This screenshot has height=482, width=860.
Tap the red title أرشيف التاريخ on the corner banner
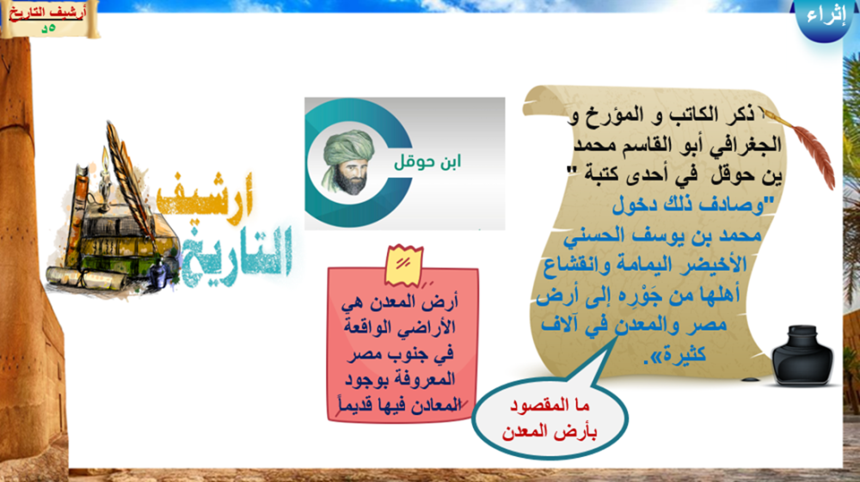click(x=47, y=13)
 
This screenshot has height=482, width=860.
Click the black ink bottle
click(x=802, y=356)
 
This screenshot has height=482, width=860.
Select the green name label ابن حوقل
click(x=427, y=161)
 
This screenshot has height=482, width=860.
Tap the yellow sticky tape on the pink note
click(x=404, y=265)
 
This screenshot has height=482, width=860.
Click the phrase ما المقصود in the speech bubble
click(x=550, y=406)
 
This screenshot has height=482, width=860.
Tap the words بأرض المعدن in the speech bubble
click(x=550, y=431)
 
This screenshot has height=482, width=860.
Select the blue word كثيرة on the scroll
click(x=684, y=354)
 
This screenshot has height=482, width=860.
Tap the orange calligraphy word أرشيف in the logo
click(x=205, y=198)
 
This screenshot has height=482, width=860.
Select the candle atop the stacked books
click(x=104, y=175)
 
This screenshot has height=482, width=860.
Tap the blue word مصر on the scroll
click(x=705, y=324)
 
